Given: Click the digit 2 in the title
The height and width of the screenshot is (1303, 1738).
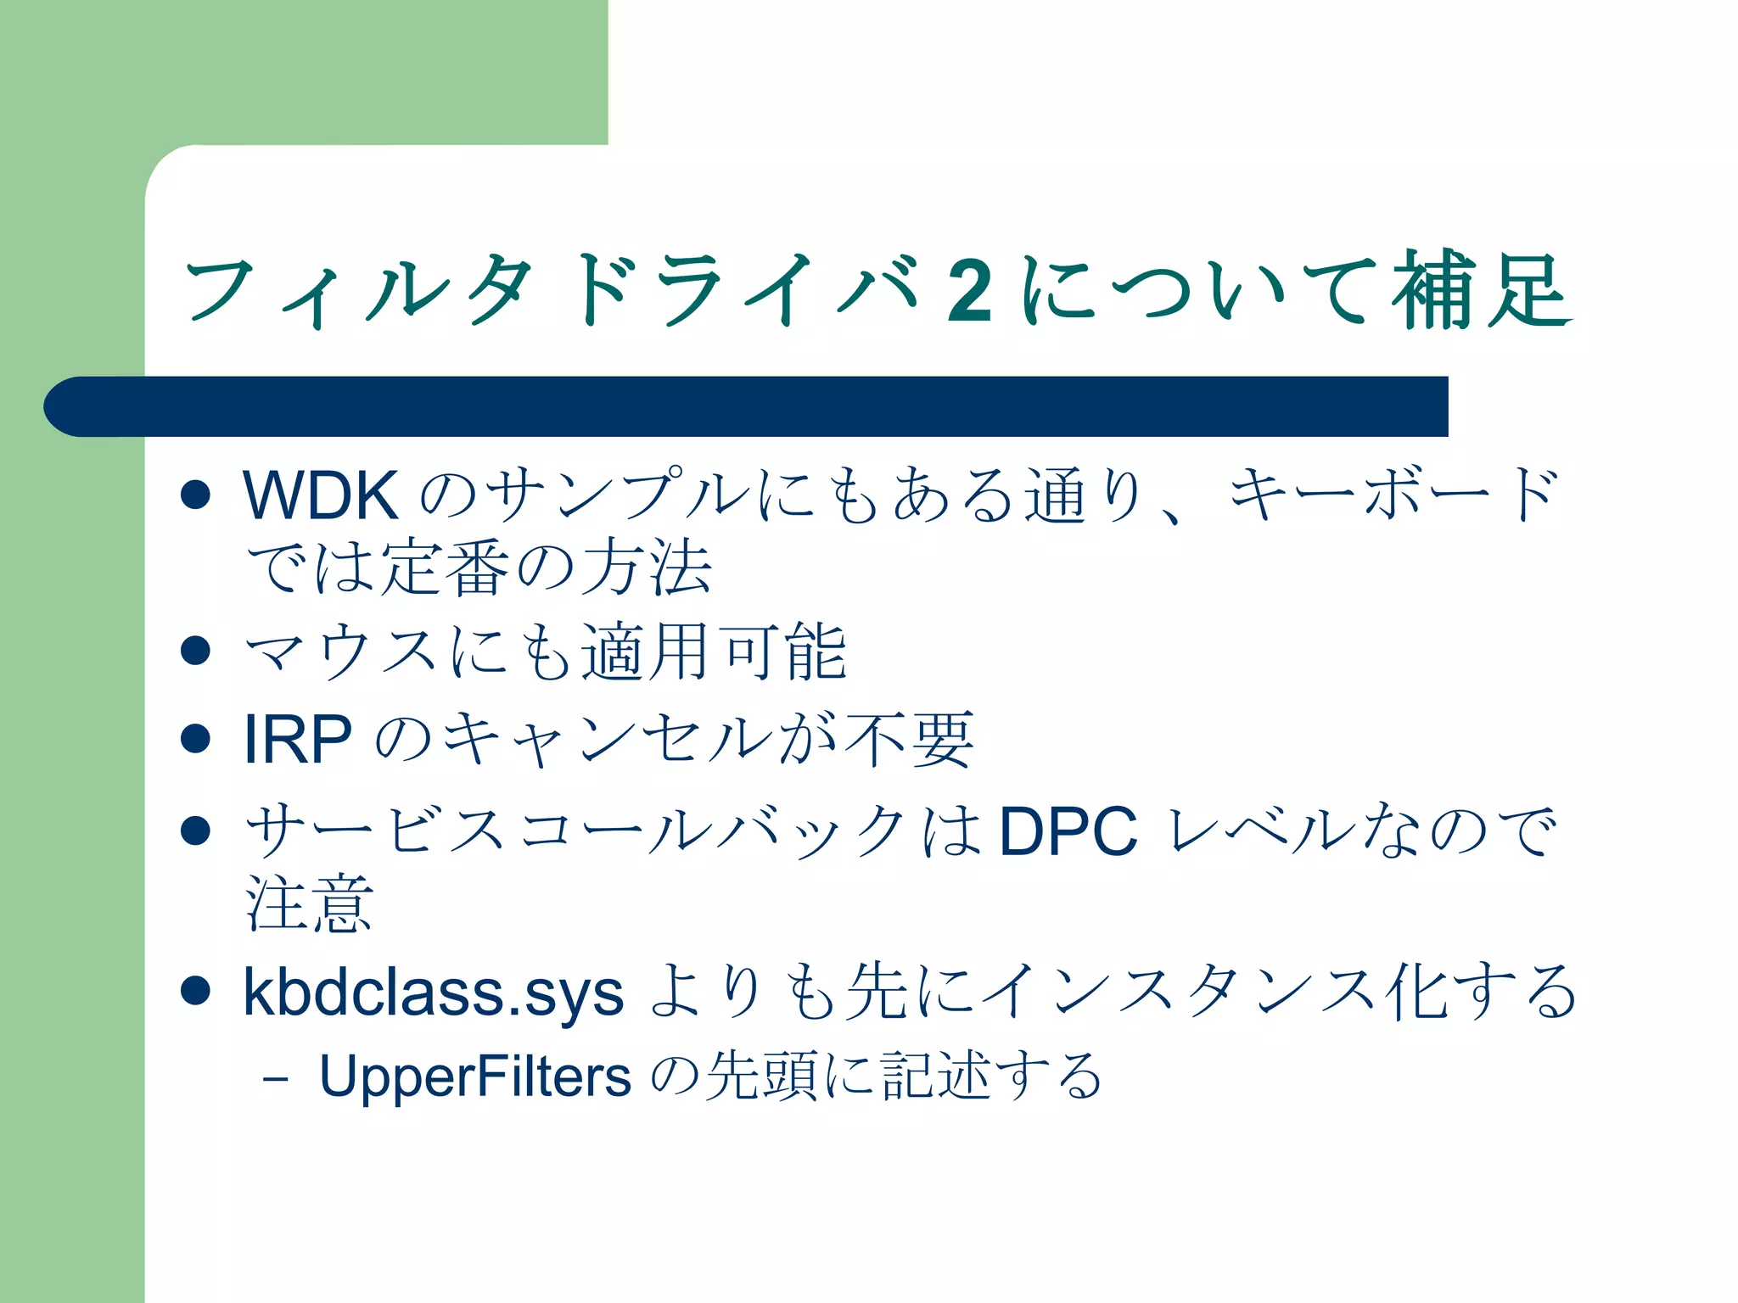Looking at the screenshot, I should [x=969, y=291].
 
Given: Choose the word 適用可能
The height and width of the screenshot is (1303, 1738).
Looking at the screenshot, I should [x=714, y=651].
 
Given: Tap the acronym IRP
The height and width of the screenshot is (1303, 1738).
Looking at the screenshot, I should [x=297, y=740].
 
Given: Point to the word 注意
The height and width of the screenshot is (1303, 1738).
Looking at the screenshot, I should [x=309, y=904].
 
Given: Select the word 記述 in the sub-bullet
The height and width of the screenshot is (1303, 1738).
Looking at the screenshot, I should [x=934, y=1076].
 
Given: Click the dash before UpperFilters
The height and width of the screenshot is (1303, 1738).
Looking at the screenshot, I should [x=275, y=1080].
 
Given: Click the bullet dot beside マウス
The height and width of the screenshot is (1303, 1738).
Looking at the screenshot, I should [x=196, y=651].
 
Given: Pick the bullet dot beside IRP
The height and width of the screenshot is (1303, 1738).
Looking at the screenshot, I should [x=196, y=738].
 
